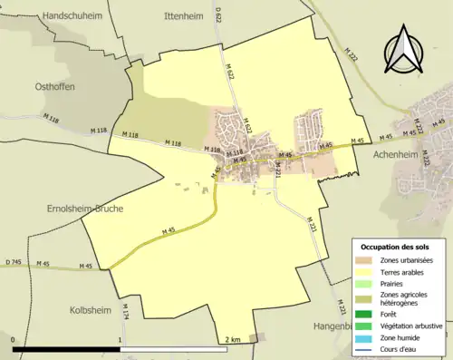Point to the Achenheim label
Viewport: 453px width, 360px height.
click(x=400, y=155)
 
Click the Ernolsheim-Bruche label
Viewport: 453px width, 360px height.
click(x=58, y=208)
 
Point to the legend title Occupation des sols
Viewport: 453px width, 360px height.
click(x=397, y=247)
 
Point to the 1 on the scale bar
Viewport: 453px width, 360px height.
click(x=120, y=339)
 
